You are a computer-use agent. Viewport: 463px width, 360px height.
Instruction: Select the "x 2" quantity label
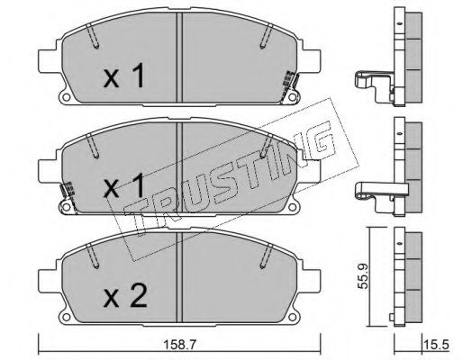point(125,297)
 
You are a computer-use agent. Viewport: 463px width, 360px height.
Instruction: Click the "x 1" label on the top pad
point(123,76)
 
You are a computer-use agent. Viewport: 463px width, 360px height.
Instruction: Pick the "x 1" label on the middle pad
point(123,186)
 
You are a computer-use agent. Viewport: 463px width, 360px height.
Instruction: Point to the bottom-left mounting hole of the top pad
point(66,97)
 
